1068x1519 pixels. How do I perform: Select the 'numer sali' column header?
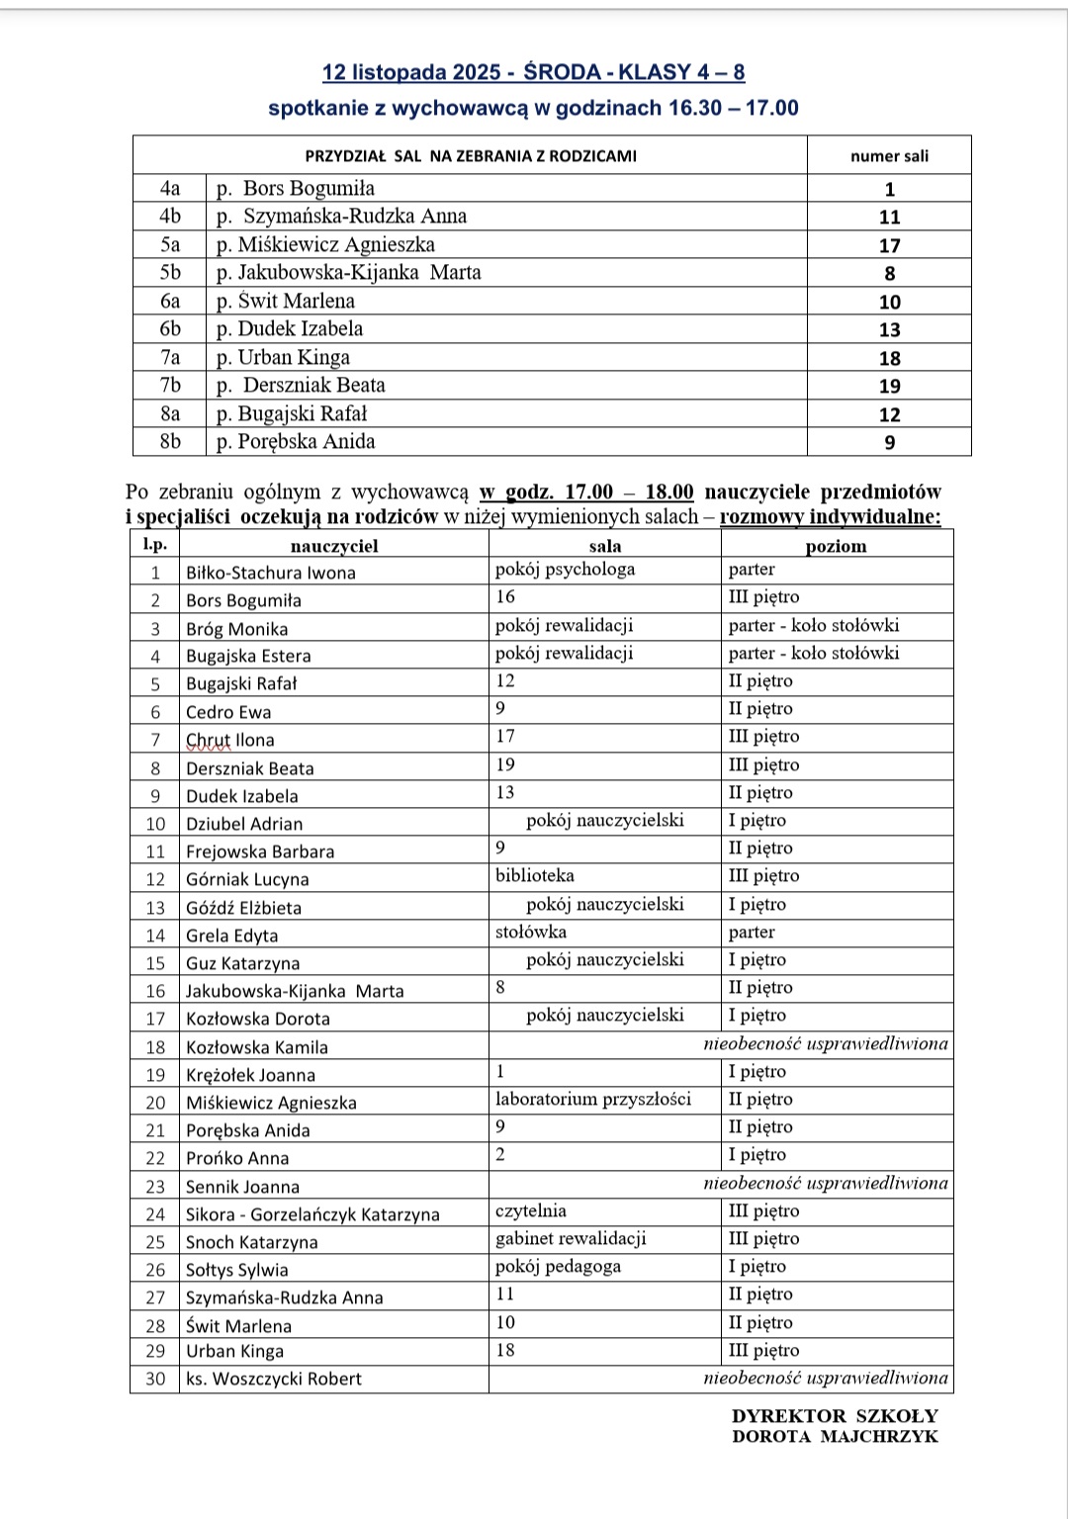click(889, 156)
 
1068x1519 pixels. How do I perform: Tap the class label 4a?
click(170, 189)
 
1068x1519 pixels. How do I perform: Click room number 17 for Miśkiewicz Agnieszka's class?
click(889, 245)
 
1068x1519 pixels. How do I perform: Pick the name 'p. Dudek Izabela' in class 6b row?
click(290, 329)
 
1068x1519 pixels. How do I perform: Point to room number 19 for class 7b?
click(889, 387)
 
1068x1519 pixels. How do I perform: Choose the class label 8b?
click(170, 442)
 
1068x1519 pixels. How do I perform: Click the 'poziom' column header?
click(836, 546)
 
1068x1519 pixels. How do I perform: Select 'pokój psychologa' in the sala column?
click(565, 570)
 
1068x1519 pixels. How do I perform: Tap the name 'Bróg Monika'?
click(237, 629)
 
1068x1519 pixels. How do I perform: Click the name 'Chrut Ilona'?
click(230, 740)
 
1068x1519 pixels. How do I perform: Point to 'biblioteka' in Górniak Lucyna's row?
click(535, 876)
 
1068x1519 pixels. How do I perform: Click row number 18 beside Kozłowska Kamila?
click(155, 1047)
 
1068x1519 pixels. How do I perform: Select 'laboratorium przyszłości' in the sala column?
click(593, 1099)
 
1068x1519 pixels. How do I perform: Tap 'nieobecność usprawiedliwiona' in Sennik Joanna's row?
click(825, 1183)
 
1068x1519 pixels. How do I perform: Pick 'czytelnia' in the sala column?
click(531, 1210)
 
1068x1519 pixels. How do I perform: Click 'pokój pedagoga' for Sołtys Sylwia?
click(559, 1267)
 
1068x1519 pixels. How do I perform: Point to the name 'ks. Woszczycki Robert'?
click(274, 1379)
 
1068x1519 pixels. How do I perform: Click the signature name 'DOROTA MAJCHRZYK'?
click(835, 1437)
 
